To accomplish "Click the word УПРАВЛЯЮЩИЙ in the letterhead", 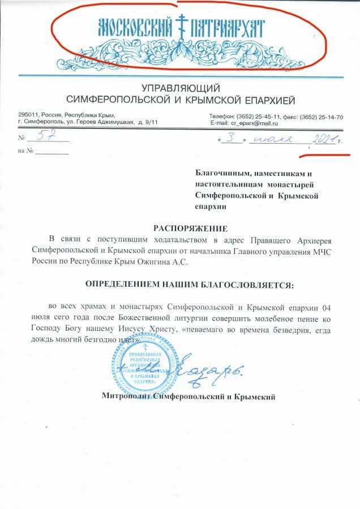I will (179, 88).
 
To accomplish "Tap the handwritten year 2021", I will (321, 138).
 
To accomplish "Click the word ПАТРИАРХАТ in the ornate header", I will (228, 26).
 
